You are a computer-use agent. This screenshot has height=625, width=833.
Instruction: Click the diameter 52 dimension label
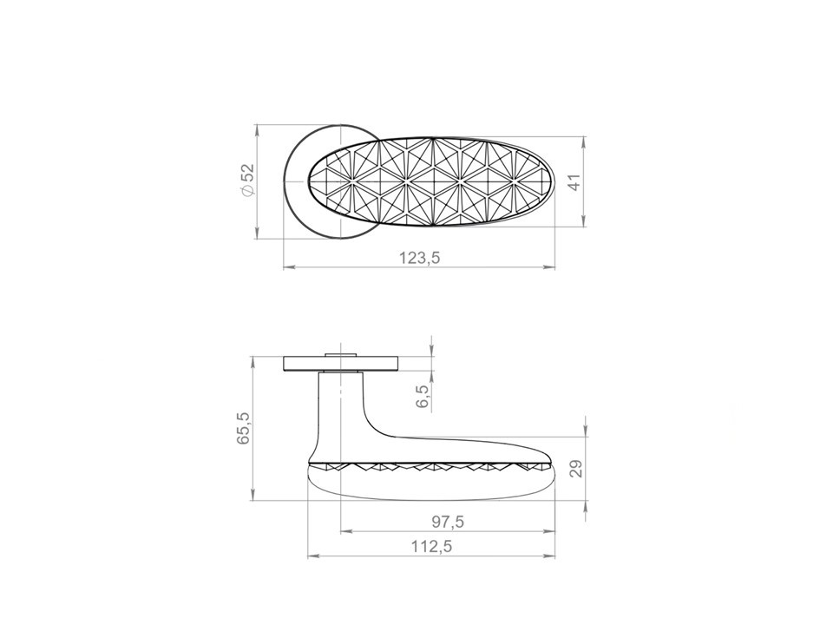248,181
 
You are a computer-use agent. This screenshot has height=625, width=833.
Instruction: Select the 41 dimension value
575,181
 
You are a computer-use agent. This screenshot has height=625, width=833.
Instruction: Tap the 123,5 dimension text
420,258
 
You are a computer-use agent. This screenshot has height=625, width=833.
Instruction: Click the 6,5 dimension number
423,396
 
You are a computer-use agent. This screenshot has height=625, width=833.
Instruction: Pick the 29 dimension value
576,469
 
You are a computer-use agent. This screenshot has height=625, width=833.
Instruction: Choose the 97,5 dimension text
448,522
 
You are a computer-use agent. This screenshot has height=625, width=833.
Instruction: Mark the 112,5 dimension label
431,546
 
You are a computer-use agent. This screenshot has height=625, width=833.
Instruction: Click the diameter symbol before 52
248,192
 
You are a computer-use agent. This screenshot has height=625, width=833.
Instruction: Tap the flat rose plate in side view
341,364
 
